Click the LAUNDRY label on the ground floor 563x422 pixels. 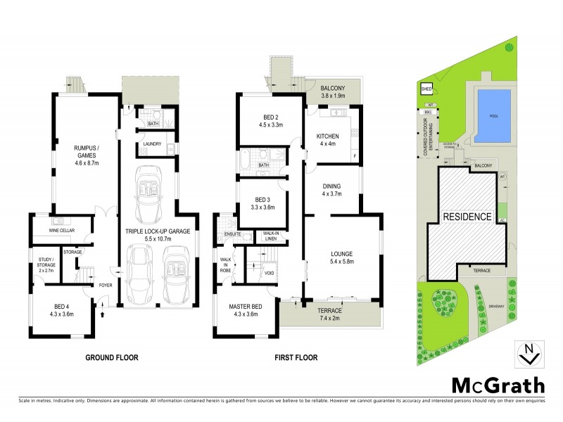153,144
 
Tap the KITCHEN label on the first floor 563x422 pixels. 328,136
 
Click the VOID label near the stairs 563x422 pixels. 268,274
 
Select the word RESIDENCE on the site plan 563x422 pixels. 467,217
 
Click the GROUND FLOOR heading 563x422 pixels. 112,357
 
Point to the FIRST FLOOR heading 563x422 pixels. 296,357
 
